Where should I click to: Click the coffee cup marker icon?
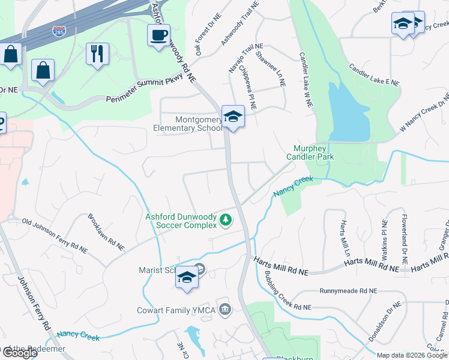point(158,35)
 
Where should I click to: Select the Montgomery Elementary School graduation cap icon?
point(233,116)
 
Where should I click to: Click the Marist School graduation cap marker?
point(187,277)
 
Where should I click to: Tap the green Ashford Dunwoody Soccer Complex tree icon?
point(225,220)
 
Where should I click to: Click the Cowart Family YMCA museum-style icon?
point(224,310)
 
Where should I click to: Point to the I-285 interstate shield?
point(59,31)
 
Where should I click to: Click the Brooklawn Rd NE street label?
point(106,232)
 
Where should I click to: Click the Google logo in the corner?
point(19,353)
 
